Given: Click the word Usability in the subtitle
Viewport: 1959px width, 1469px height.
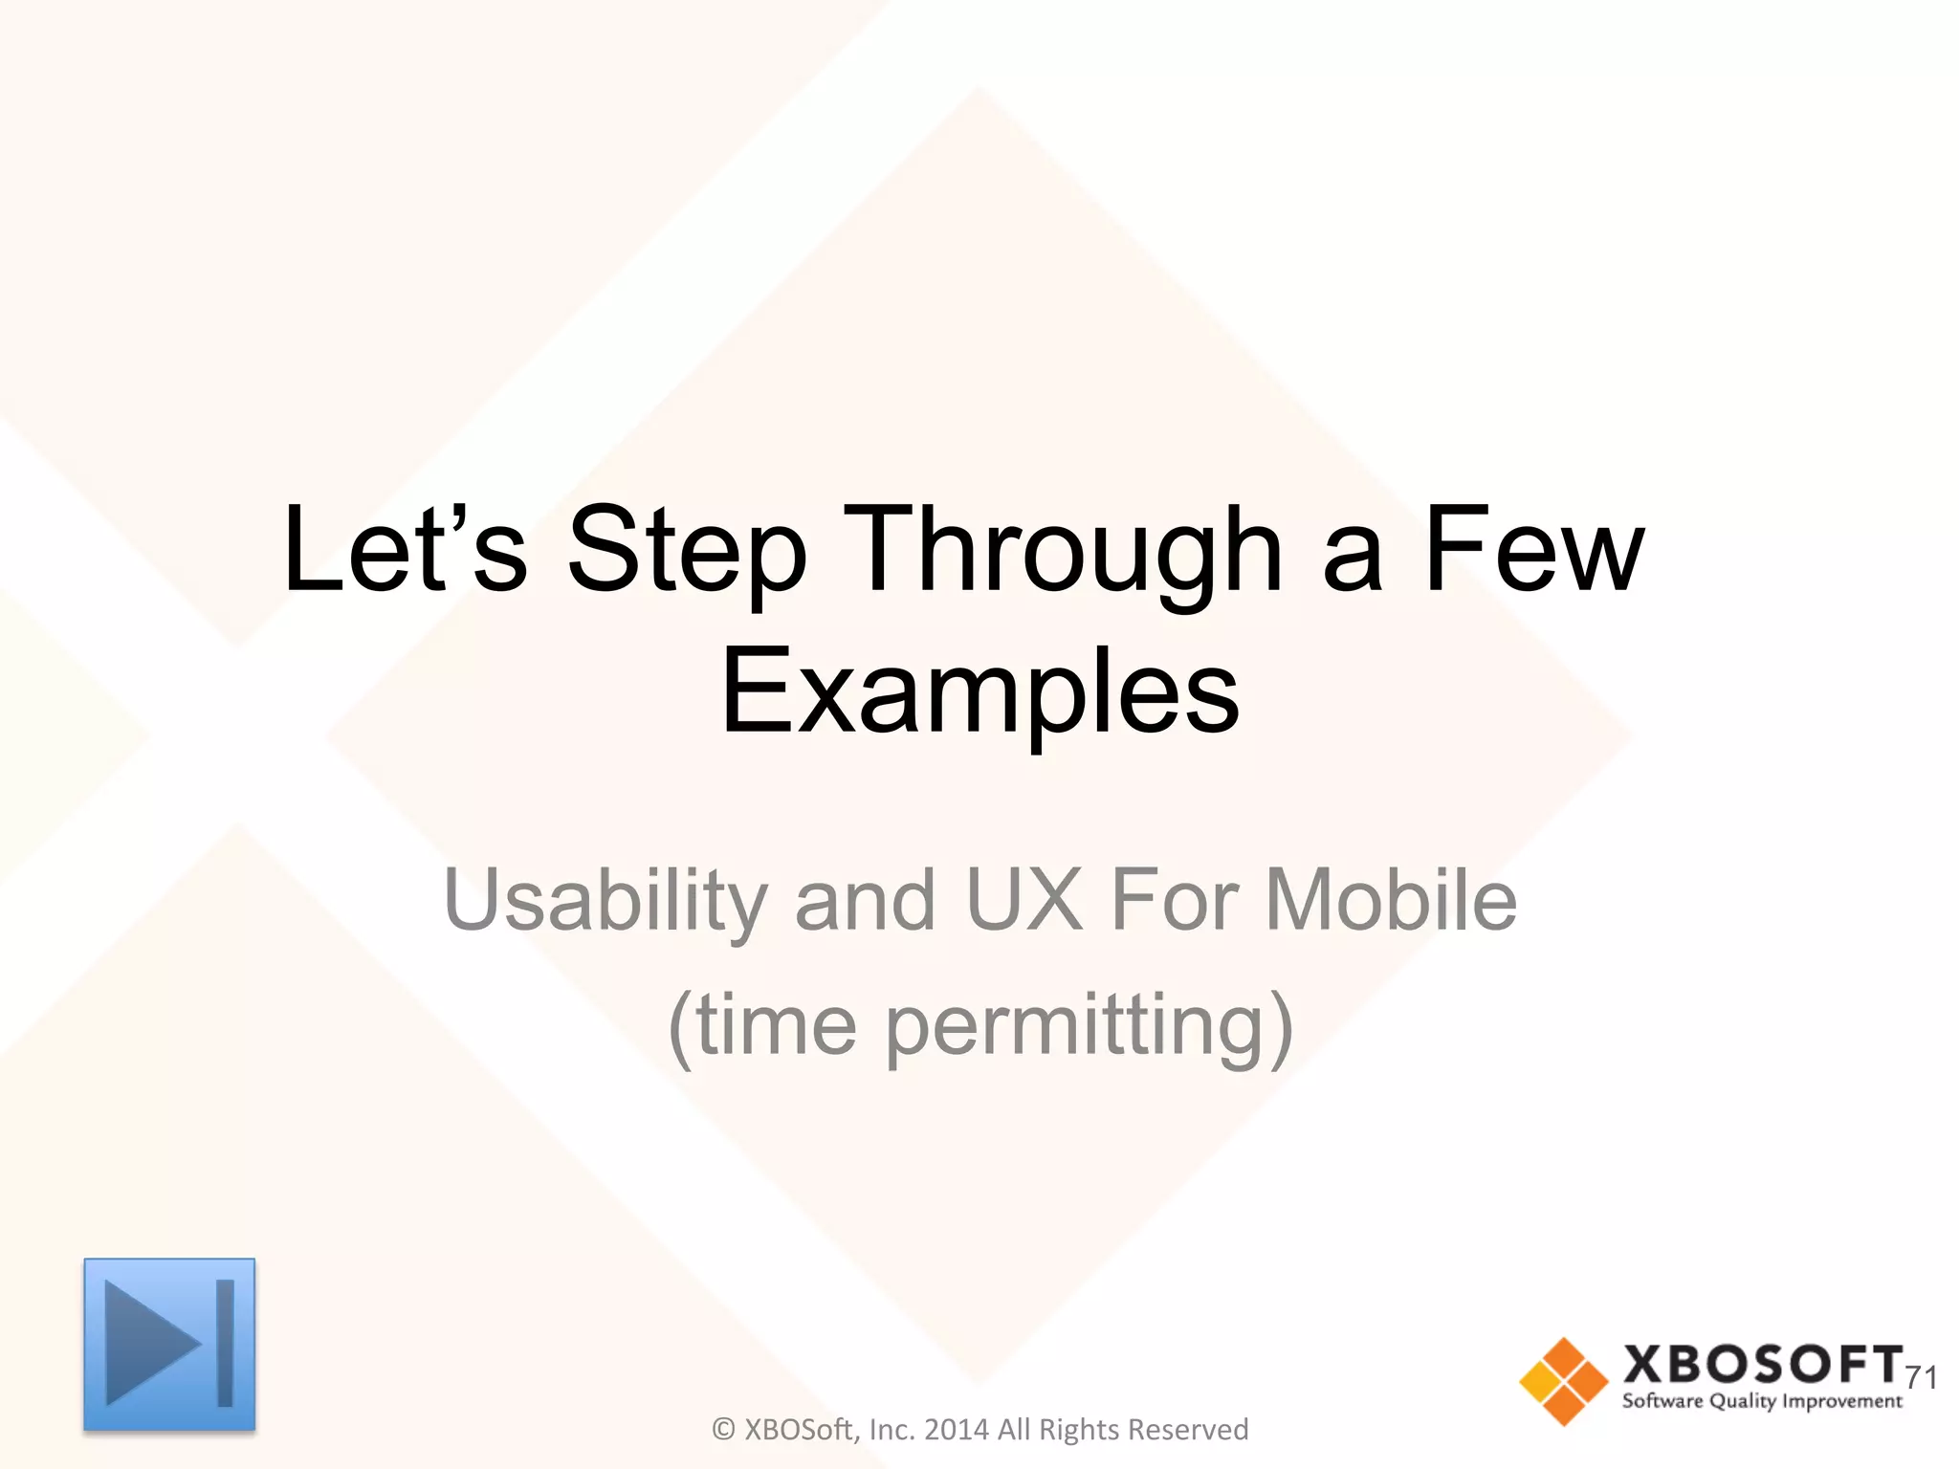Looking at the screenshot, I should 605,901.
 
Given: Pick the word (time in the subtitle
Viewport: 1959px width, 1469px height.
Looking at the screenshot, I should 762,1025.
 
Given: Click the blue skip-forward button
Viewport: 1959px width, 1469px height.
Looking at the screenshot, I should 169,1344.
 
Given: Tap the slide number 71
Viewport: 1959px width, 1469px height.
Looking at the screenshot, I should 1921,1377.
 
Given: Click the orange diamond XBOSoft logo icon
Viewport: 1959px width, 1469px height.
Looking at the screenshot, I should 1563,1381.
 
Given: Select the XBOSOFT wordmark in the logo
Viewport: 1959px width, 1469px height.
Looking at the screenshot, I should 1762,1364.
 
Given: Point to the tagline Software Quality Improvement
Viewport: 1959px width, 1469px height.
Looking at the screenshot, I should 1762,1402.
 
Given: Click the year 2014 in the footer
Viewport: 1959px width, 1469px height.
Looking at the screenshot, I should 957,1430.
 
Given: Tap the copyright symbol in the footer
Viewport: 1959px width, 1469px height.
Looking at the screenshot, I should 724,1430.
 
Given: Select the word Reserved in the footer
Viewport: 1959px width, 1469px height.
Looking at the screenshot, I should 1193,1430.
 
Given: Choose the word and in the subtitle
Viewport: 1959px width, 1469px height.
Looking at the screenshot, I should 865,901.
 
